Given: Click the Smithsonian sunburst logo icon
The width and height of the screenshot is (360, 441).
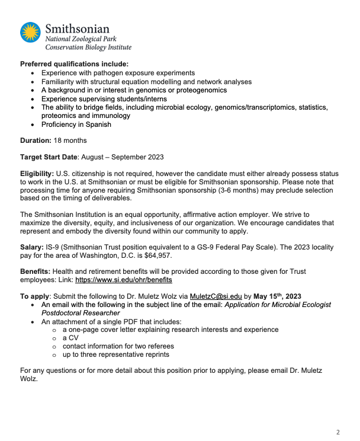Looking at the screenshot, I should [x=31, y=33].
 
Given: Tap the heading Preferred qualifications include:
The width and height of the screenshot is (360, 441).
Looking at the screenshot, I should [x=74, y=64].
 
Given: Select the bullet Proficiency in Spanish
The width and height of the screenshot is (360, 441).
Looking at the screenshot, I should [x=76, y=124].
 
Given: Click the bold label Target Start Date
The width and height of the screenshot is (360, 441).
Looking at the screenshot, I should [x=51, y=156].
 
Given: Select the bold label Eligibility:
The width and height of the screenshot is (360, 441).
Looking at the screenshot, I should [x=37, y=172].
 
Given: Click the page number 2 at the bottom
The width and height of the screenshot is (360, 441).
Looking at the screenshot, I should [x=338, y=432].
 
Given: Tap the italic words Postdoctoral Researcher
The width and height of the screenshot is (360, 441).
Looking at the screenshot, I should [x=81, y=312].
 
